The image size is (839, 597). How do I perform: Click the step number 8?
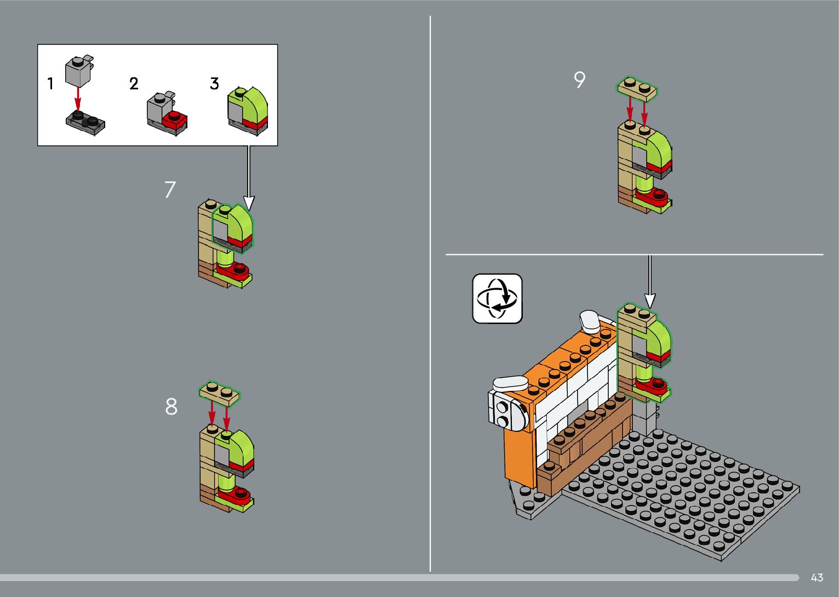point(171,407)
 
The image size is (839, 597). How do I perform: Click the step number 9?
point(579,79)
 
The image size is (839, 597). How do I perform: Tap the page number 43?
point(817,577)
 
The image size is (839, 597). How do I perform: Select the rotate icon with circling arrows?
point(497,299)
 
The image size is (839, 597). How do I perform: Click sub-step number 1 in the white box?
point(50,83)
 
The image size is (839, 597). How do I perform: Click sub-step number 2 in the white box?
point(134,83)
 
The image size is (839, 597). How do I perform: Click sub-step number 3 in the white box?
point(214,83)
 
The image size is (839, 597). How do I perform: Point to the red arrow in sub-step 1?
point(77,99)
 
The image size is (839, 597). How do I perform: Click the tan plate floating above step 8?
point(219,393)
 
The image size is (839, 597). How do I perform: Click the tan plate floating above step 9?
point(637,89)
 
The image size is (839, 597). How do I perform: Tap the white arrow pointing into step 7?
point(249,178)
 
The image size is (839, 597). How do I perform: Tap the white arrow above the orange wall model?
point(650,281)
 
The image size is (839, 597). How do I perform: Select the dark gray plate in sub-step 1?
point(85,123)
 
